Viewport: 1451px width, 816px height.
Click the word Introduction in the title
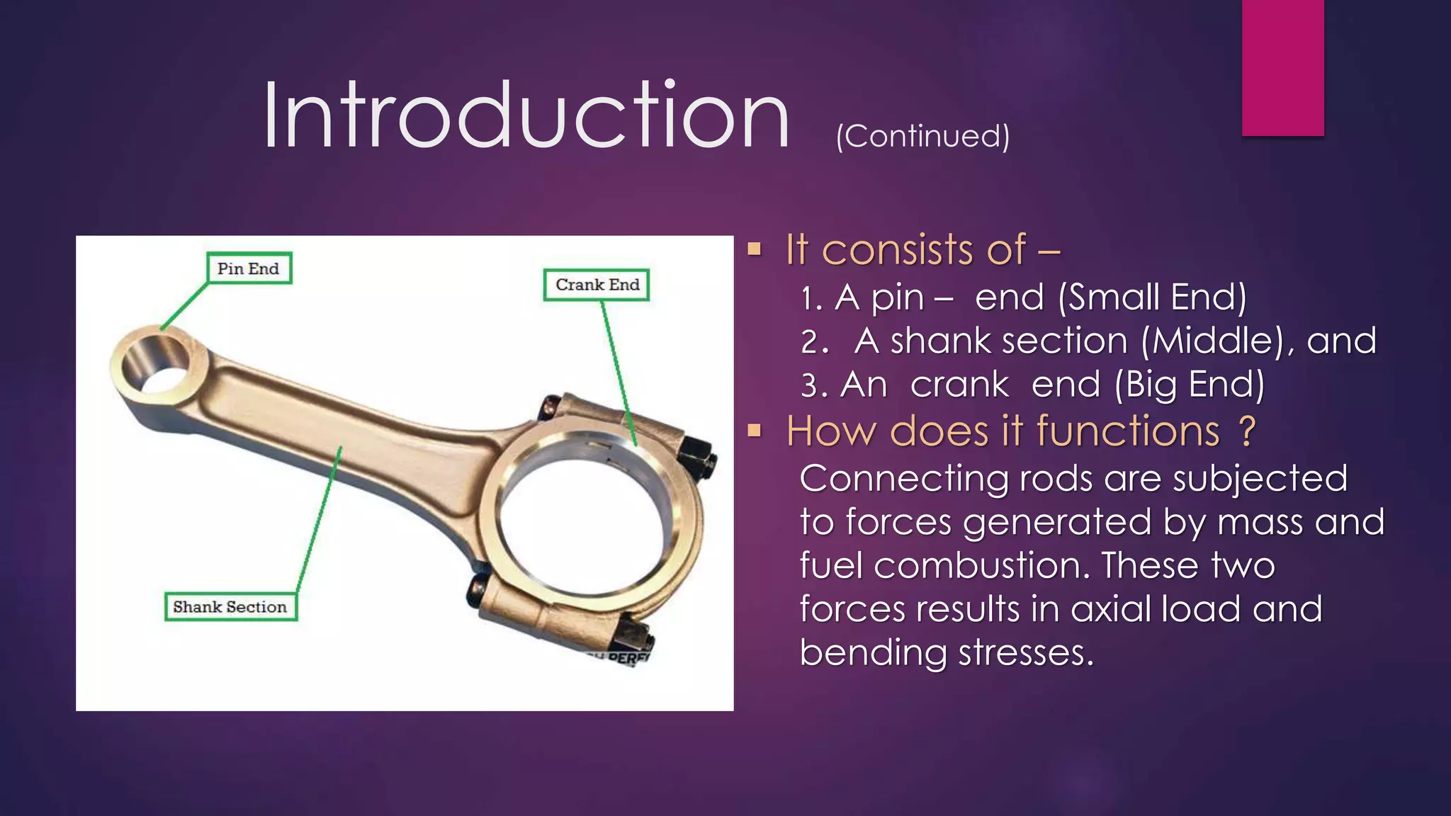pos(526,116)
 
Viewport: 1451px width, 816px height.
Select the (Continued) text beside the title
pos(922,136)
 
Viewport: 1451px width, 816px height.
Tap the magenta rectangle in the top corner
pos(1282,67)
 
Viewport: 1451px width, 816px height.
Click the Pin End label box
pos(249,268)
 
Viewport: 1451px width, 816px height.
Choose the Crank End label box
pos(597,285)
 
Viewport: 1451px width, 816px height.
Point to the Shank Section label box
pos(230,607)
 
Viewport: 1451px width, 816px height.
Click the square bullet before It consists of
pos(754,249)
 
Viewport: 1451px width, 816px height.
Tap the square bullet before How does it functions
pos(754,431)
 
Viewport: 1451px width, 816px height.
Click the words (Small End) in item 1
pos(1152,297)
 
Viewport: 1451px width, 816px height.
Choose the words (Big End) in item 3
pos(1190,385)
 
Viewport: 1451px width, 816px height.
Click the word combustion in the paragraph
pos(980,566)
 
